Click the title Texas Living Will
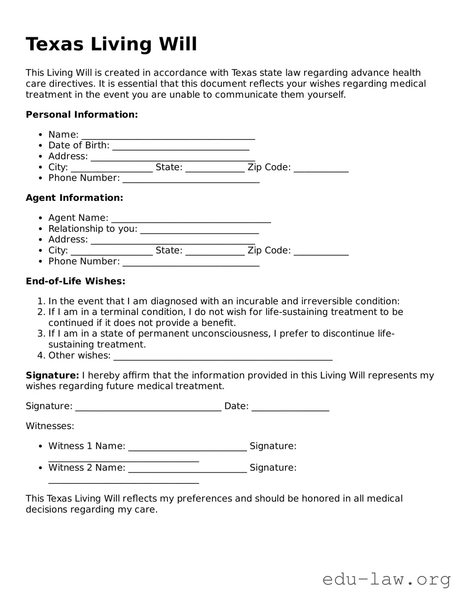[x=111, y=44]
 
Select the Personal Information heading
[x=82, y=115]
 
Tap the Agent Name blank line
[x=191, y=219]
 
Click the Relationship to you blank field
[x=199, y=230]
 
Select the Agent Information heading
[x=74, y=198]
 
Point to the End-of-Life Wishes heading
[x=75, y=281]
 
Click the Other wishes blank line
[x=223, y=357]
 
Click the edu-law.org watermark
[x=386, y=579]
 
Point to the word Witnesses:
[x=50, y=426]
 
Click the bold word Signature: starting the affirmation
[x=52, y=375]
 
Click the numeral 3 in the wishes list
[x=40, y=334]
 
